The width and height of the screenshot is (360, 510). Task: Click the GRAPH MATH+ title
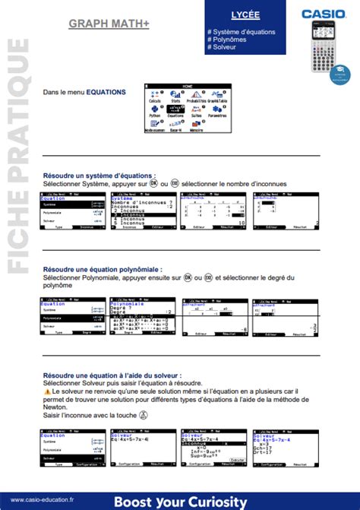point(109,24)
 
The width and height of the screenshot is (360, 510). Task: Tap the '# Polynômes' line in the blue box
point(230,40)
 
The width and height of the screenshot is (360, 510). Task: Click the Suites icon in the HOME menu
point(197,112)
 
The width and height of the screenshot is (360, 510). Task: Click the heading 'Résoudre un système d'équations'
point(99,175)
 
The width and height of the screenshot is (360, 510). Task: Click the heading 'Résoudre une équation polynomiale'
point(102,270)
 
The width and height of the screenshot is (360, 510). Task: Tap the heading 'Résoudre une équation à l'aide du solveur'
point(112,375)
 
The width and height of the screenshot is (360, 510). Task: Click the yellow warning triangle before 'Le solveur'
point(47,391)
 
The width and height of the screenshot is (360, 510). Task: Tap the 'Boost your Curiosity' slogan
point(180,502)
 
